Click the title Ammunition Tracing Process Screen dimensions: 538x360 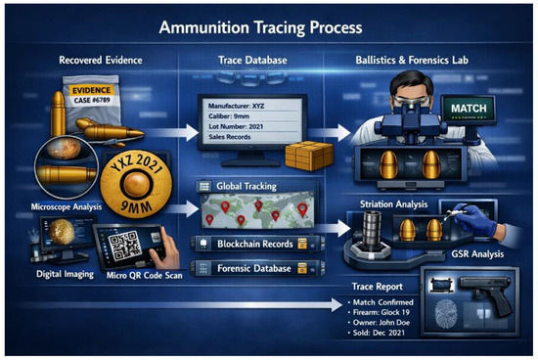(260, 27)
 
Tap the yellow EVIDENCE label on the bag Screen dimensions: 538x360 (91, 90)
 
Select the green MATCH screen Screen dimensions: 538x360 (469, 110)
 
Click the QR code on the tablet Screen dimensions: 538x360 (124, 246)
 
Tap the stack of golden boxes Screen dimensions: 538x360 (309, 156)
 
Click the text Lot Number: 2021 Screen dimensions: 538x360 (236, 126)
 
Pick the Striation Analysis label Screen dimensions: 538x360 (393, 204)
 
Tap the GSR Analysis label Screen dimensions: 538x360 (477, 254)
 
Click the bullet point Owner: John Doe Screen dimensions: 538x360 (379, 323)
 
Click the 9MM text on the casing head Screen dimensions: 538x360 (136, 207)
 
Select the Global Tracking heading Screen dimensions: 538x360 (247, 186)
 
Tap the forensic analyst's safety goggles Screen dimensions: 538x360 (411, 101)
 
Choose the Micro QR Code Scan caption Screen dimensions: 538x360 (144, 276)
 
